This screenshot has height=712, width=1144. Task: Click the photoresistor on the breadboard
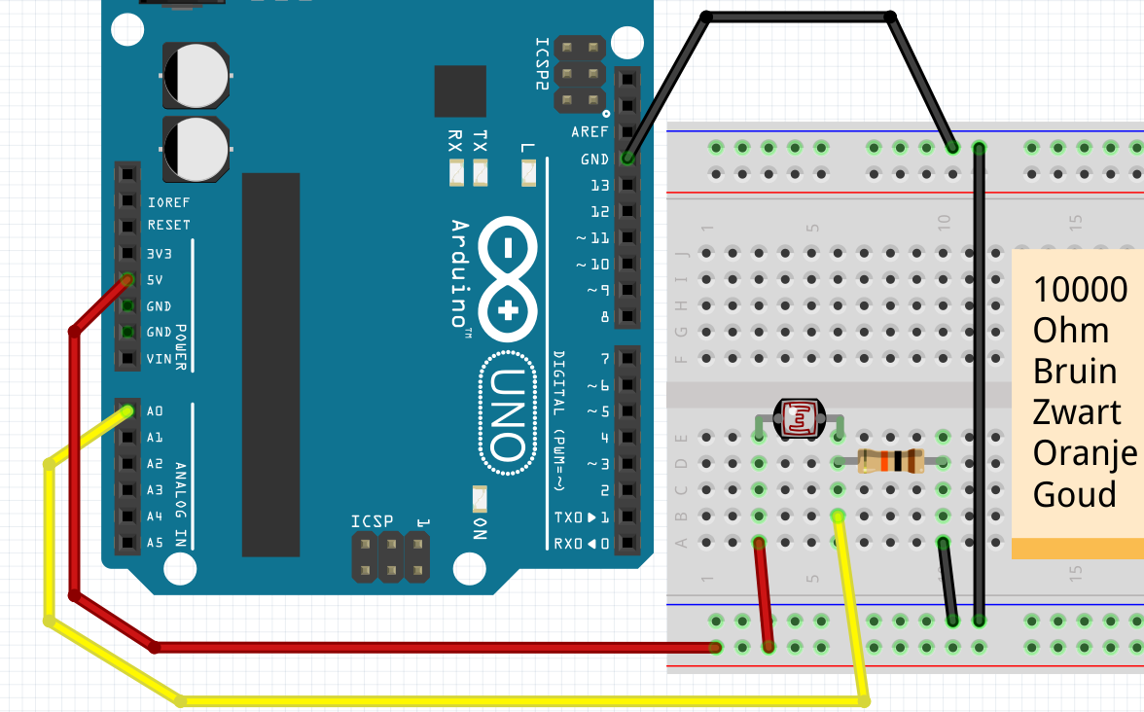[799, 418]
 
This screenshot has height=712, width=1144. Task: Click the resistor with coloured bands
[890, 462]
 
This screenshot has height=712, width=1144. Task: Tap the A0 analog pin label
[155, 411]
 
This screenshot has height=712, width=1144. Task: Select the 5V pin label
[155, 280]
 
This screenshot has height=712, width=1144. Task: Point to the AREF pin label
[590, 132]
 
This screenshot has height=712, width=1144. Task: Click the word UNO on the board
[506, 414]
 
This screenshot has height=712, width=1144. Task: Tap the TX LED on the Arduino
[480, 173]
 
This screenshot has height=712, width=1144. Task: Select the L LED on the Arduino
[528, 173]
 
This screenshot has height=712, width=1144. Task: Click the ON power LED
[480, 499]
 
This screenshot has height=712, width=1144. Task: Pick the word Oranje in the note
[1085, 453]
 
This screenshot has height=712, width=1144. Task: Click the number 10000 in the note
[1080, 289]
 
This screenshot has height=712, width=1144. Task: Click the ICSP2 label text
[543, 64]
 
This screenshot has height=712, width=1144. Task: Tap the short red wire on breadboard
[764, 593]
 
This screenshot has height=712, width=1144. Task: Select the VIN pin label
[160, 359]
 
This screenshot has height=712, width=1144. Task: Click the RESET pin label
[168, 225]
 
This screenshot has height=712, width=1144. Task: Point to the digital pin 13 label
[599, 185]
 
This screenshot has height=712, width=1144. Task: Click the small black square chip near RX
[459, 91]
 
